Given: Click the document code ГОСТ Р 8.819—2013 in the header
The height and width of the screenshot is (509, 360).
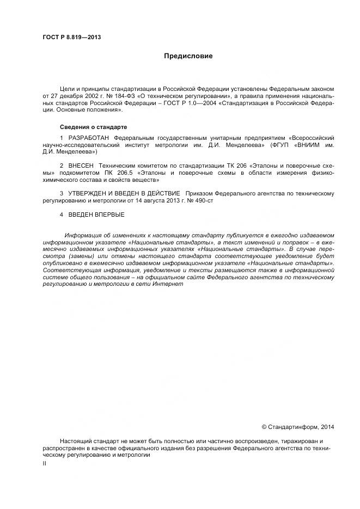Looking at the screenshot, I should pyautogui.click(x=71, y=37).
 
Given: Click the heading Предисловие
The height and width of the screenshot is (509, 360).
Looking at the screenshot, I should pyautogui.click(x=188, y=56).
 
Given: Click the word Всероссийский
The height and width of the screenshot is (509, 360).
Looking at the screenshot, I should pyautogui.click(x=312, y=138).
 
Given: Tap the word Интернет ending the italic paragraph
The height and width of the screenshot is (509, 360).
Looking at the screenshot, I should pyautogui.click(x=168, y=284).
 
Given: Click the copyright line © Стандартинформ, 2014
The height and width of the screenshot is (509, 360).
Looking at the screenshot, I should pyautogui.click(x=298, y=427).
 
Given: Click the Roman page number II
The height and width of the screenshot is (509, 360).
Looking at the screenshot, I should pyautogui.click(x=44, y=463).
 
